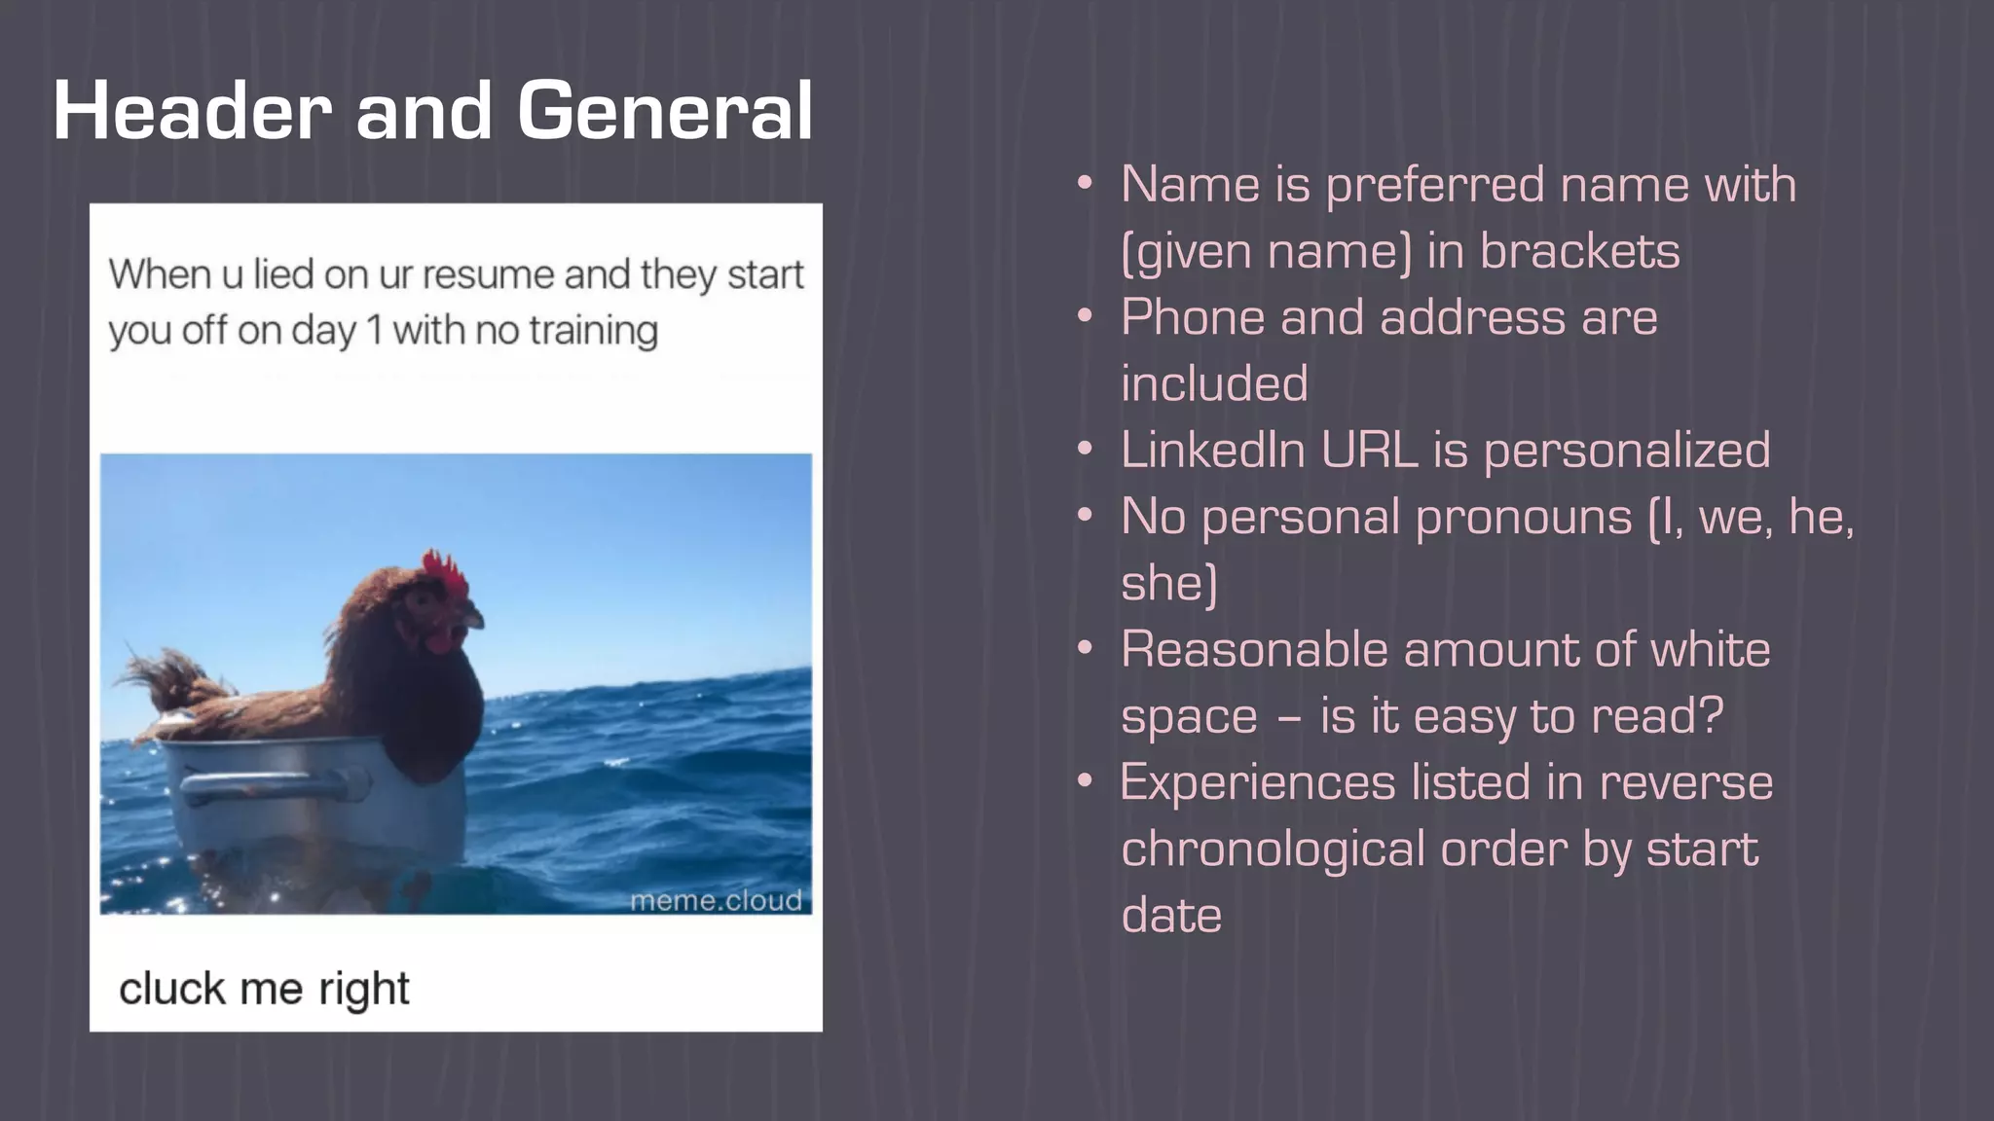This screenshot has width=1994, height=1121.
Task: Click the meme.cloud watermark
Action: [x=716, y=900]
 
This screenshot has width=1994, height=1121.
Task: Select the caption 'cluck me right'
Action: [x=264, y=989]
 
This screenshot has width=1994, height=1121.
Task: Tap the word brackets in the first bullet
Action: [x=1579, y=251]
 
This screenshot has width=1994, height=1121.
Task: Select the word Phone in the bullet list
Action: [x=1193, y=317]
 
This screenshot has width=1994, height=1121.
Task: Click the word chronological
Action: [x=1274, y=849]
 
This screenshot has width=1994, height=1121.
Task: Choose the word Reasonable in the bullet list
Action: [x=1254, y=649]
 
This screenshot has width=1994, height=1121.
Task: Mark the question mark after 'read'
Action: [x=1711, y=715]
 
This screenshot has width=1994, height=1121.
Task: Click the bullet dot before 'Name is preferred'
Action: [x=1086, y=185]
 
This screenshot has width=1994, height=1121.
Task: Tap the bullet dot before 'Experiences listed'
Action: [x=1086, y=782]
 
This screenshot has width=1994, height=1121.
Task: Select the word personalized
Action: [x=1626, y=451]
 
